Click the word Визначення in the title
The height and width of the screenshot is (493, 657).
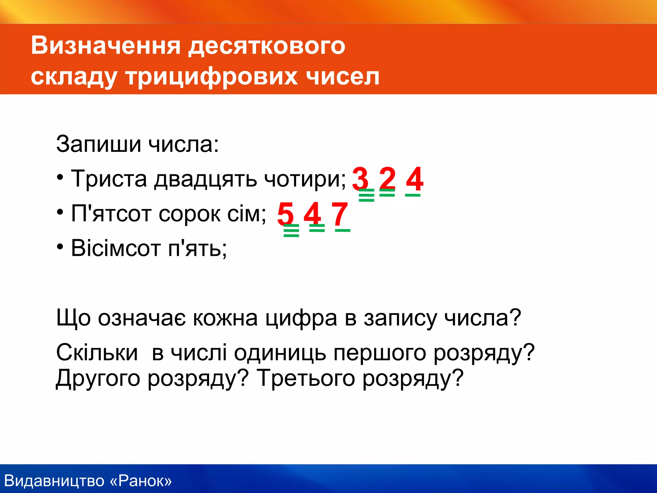[106, 46]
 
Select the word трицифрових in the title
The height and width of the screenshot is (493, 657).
[211, 77]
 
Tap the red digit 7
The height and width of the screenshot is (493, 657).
[340, 214]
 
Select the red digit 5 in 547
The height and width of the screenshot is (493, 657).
[285, 214]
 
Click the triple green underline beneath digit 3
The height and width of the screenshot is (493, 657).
[366, 195]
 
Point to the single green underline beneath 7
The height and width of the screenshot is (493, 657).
[343, 230]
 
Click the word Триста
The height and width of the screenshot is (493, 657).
[109, 178]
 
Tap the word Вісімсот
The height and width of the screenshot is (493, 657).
[115, 248]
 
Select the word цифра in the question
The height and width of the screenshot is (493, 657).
[302, 318]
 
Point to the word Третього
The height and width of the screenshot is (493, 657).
[306, 378]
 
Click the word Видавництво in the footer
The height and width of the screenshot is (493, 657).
[55, 481]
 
